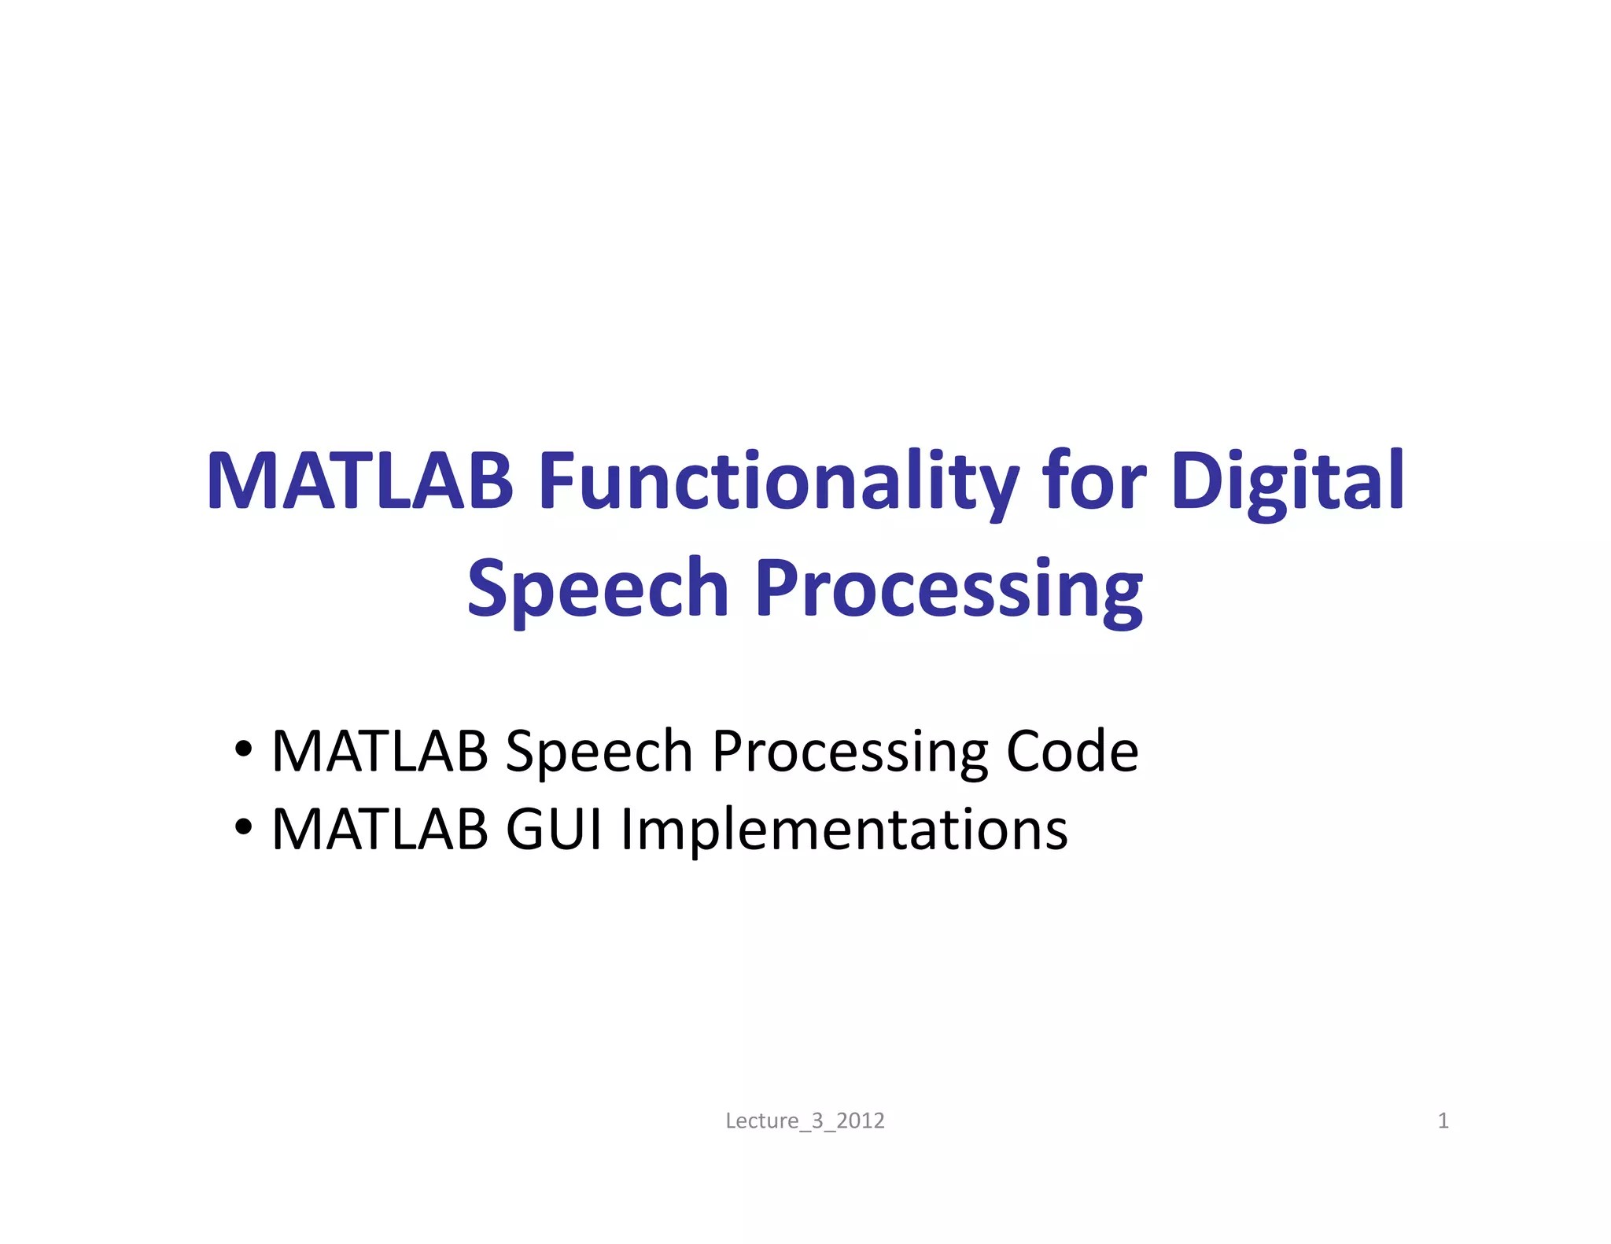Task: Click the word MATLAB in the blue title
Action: click(x=359, y=480)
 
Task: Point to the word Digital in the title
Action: click(x=1288, y=482)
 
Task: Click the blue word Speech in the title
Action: click(x=598, y=589)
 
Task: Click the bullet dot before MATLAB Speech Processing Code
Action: click(x=244, y=749)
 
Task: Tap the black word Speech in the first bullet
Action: click(x=599, y=753)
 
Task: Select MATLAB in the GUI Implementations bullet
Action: click(x=379, y=830)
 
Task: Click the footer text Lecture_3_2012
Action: click(x=805, y=1121)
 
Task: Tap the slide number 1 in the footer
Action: click(x=1443, y=1121)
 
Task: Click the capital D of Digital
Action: click(x=1198, y=480)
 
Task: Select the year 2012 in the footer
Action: click(x=860, y=1121)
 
